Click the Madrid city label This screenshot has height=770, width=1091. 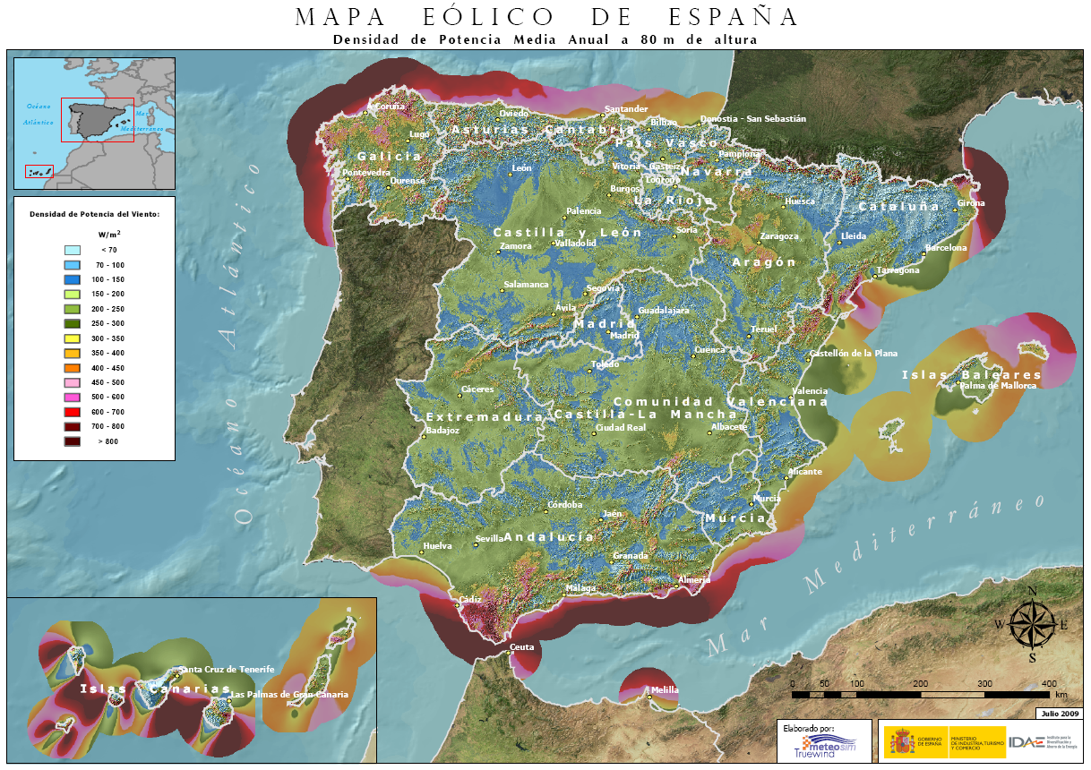(625, 335)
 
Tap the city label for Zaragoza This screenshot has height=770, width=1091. (778, 236)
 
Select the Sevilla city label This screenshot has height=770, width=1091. (490, 539)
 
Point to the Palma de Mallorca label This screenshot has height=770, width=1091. (997, 386)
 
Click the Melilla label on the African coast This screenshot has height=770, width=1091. (665, 690)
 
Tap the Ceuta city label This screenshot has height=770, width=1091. (522, 646)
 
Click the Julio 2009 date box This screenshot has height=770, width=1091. (1059, 714)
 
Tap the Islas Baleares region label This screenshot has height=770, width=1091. (971, 374)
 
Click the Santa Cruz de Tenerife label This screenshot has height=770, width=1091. (227, 670)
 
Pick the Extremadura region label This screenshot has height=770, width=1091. (484, 417)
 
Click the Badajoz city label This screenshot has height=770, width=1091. (442, 431)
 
